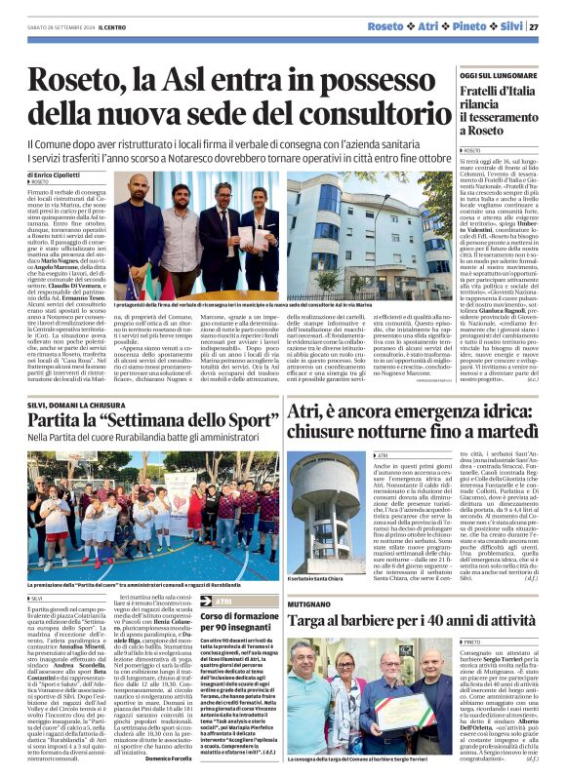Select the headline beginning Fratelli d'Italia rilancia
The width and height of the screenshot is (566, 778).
(496, 113)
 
